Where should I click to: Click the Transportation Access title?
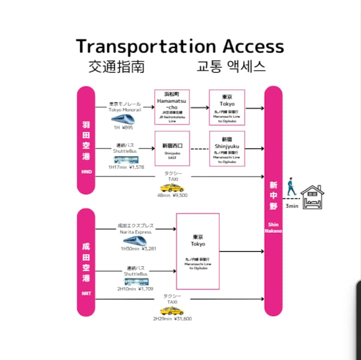pyautogui.click(x=180, y=46)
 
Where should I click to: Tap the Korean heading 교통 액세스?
pyautogui.click(x=231, y=67)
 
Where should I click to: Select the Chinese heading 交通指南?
pyautogui.click(x=116, y=67)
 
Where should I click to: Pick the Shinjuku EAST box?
pyautogui.click(x=172, y=149)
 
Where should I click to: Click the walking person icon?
pyautogui.click(x=291, y=189)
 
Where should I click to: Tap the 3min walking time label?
pyautogui.click(x=291, y=206)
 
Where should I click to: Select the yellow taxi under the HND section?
pyautogui.click(x=171, y=188)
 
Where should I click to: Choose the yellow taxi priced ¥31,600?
pyautogui.click(x=171, y=311)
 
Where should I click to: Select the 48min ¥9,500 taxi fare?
pyautogui.click(x=172, y=195)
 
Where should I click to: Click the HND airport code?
pyautogui.click(x=86, y=172)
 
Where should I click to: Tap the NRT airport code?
pyautogui.click(x=86, y=293)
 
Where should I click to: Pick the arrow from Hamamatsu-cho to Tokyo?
pyautogui.click(x=200, y=107)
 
